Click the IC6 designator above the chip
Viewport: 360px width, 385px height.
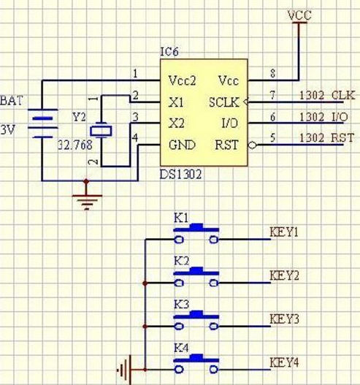169,52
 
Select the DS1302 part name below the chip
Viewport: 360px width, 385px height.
180,175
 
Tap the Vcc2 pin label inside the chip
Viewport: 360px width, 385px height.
182,80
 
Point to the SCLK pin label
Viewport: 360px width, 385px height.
223,102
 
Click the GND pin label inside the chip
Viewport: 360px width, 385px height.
182,145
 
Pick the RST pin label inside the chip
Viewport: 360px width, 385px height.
226,145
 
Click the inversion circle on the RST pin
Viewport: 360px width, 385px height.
252,145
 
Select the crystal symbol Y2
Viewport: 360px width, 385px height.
101,131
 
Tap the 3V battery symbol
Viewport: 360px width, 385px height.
42,123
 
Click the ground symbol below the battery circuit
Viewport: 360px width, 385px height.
87,202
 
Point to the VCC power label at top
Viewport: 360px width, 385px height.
299,15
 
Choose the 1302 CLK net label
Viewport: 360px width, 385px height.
327,95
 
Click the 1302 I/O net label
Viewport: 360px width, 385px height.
324,117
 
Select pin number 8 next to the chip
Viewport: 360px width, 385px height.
272,73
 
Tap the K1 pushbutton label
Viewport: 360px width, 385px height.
181,218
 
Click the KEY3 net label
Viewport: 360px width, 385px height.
284,319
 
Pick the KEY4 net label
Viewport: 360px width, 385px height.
284,362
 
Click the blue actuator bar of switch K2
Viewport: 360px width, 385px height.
196,271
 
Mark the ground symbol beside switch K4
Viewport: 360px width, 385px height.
124,370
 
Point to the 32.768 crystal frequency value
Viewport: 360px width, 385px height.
75,145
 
